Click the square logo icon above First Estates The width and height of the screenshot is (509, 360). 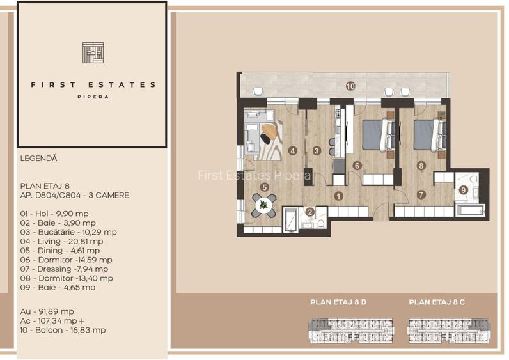[93, 52]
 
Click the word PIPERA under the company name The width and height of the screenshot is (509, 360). [93, 97]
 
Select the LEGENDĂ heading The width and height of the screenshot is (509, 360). [38, 157]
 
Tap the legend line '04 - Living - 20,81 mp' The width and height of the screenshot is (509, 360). [61, 241]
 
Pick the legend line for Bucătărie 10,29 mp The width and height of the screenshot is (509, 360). [68, 232]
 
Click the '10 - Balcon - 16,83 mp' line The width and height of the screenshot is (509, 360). [63, 330]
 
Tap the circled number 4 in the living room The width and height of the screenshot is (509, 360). [293, 151]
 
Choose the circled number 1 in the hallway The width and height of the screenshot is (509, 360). [339, 196]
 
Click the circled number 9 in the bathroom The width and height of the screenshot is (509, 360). [464, 189]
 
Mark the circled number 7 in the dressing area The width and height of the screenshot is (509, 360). [420, 194]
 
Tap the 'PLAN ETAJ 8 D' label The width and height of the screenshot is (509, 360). [338, 303]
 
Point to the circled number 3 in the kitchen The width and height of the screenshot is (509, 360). [317, 151]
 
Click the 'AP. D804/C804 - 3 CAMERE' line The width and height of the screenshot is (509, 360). [74, 194]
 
